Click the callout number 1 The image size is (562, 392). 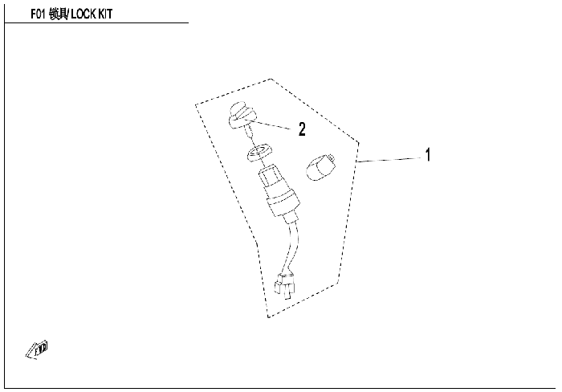(x=428, y=155)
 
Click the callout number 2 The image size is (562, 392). (x=302, y=129)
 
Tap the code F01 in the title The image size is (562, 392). (x=39, y=14)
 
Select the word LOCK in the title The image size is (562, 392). (x=83, y=14)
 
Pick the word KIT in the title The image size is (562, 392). (x=105, y=14)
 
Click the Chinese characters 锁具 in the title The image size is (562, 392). (x=59, y=14)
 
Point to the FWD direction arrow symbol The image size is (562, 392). (x=37, y=349)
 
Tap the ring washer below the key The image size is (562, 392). (x=259, y=151)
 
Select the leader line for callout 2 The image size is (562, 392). (x=271, y=124)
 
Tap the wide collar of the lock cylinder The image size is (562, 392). (x=281, y=200)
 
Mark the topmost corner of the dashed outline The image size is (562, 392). (x=271, y=79)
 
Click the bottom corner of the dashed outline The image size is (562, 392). (x=268, y=317)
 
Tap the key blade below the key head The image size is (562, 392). (x=249, y=134)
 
